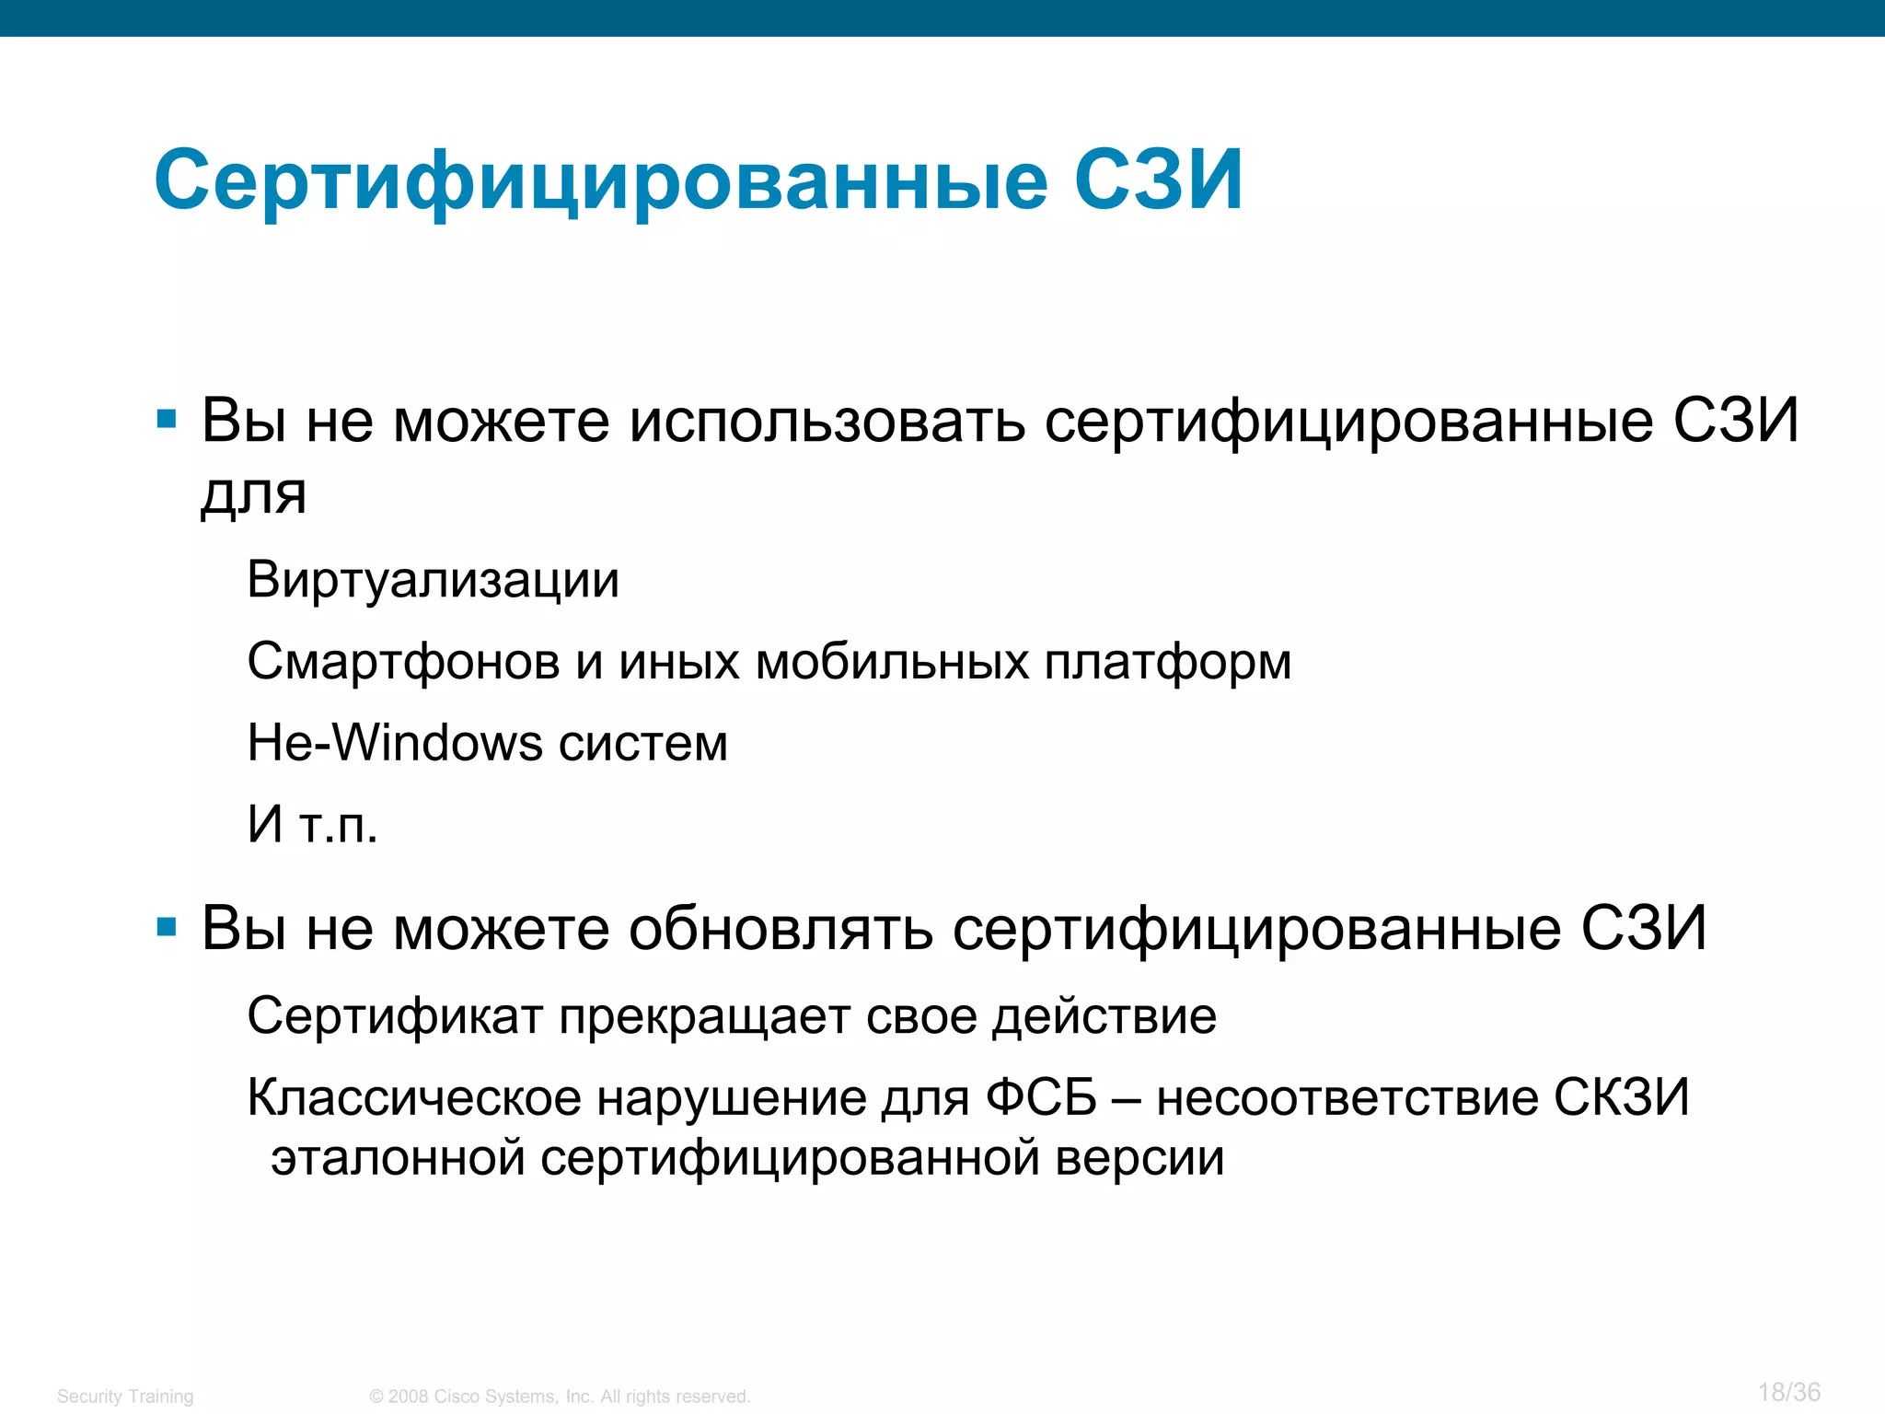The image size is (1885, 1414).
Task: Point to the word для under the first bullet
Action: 253,494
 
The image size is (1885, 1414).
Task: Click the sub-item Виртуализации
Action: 433,580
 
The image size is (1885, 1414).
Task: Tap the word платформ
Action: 1167,662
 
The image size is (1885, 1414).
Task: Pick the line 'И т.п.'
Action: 313,824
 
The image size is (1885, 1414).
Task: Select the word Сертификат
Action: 395,1017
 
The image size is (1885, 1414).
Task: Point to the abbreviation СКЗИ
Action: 1622,1097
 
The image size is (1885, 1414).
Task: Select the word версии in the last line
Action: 1139,1157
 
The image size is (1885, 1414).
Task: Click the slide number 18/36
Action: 1788,1392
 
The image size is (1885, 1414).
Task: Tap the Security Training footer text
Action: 125,1397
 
